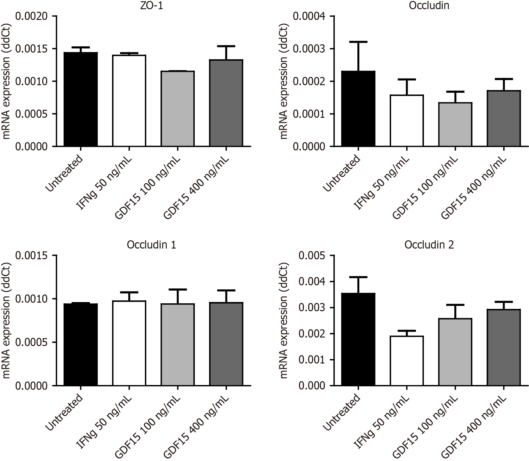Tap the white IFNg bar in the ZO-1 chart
pyautogui.click(x=129, y=101)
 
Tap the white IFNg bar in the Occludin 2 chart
pyautogui.click(x=407, y=361)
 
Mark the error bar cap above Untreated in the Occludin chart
pyautogui.click(x=359, y=41)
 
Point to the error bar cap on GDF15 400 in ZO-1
pyautogui.click(x=226, y=46)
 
